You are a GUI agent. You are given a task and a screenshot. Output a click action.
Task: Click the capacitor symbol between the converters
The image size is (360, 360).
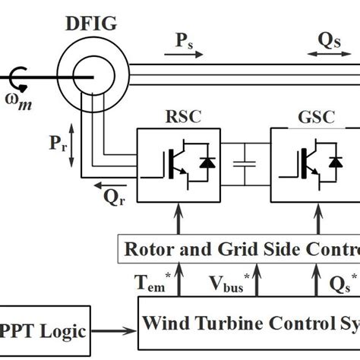[x=245, y=166]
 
